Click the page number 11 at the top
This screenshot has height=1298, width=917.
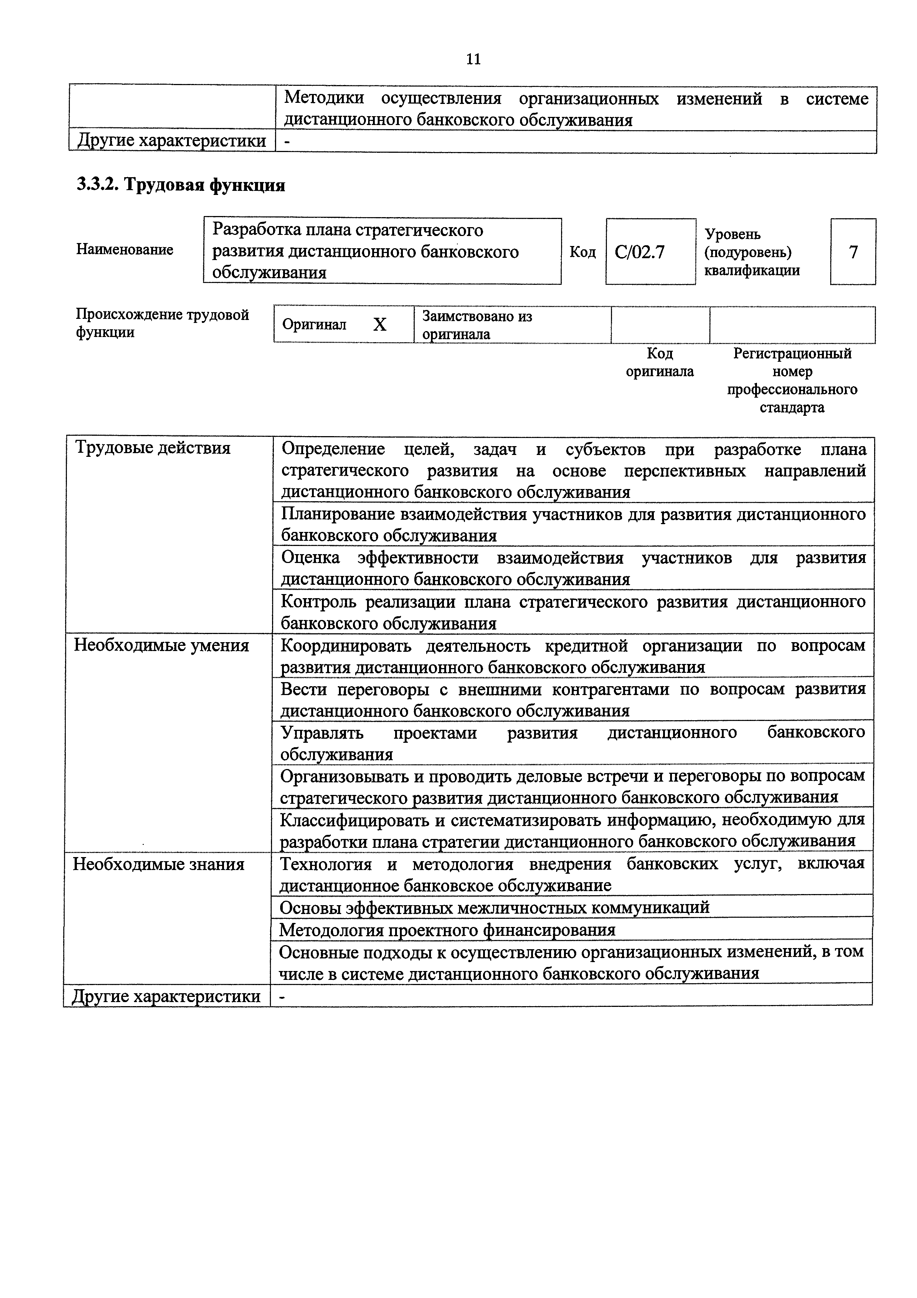point(473,59)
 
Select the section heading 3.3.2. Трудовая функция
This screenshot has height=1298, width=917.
point(181,185)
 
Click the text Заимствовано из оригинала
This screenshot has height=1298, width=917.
point(478,324)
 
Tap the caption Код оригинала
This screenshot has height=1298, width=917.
point(660,363)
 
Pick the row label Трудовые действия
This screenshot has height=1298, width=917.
point(153,448)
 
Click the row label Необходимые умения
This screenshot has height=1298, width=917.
point(162,645)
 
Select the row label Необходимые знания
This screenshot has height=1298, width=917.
point(159,864)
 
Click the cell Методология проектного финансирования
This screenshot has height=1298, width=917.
point(447,930)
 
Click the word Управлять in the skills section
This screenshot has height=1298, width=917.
point(322,733)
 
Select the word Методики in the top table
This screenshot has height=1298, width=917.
point(324,98)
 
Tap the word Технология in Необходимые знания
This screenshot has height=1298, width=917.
point(326,864)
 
